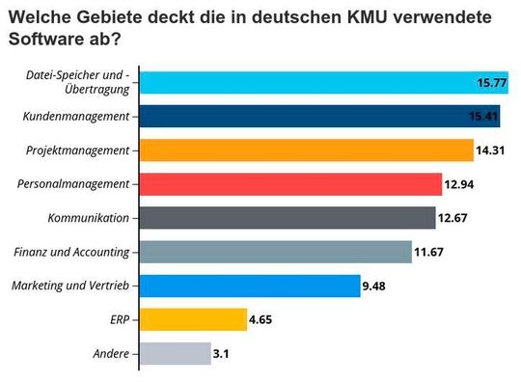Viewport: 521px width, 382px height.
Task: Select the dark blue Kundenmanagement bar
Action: [309, 118]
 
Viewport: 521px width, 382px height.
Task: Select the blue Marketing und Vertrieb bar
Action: [251, 286]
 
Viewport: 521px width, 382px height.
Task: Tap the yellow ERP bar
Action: [194, 319]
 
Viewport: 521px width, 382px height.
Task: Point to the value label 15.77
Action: [491, 84]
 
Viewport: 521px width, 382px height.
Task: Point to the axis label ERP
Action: [121, 319]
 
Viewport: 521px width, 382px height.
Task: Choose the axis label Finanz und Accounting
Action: [72, 252]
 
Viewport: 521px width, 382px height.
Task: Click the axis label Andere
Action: [112, 353]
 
